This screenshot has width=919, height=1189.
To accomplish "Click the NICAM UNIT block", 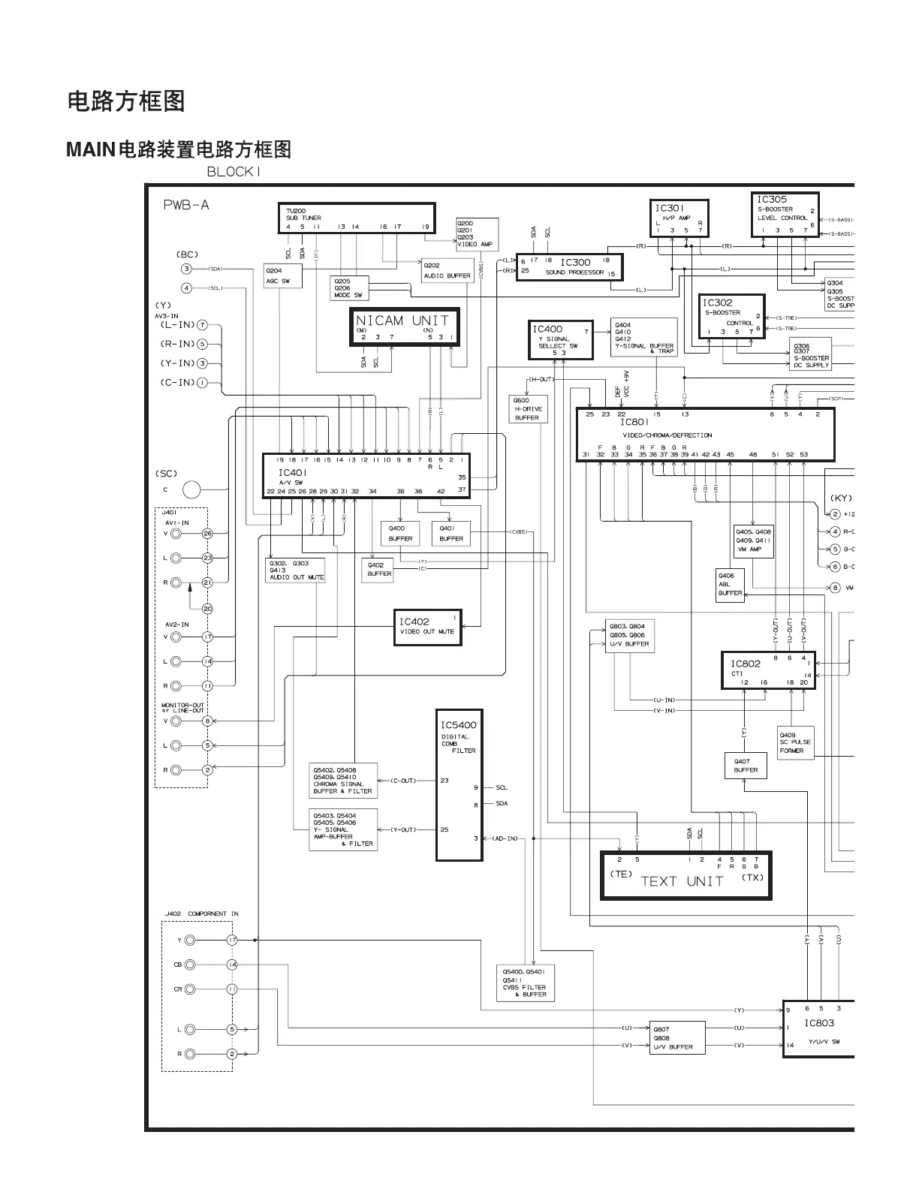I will coord(404,327).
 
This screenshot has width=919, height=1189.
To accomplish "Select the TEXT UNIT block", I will coord(685,875).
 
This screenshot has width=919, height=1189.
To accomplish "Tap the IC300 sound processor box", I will coord(570,267).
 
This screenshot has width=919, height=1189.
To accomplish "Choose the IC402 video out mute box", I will coord(426,627).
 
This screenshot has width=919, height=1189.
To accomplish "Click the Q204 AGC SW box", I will coord(278,275).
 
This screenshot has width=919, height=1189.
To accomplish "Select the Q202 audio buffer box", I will coord(447,271).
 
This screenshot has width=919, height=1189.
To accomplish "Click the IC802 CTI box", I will coord(767,671).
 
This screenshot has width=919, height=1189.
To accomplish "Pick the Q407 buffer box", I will coord(746,766).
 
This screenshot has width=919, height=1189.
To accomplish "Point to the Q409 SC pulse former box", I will coord(795,743).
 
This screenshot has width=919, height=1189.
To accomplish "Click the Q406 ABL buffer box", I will coord(730,584).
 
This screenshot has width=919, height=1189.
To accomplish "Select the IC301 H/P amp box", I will coord(679,218).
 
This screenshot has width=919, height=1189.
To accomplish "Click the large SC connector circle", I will coord(192,489).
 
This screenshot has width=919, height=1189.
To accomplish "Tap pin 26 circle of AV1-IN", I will coord(207,534).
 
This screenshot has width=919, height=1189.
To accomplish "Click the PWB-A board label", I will coord(186,205).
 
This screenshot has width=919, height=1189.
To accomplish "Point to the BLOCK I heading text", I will coord(234,172).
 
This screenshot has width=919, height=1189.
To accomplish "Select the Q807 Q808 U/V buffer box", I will coord(677,1037).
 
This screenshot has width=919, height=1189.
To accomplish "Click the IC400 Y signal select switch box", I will coord(560,340).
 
